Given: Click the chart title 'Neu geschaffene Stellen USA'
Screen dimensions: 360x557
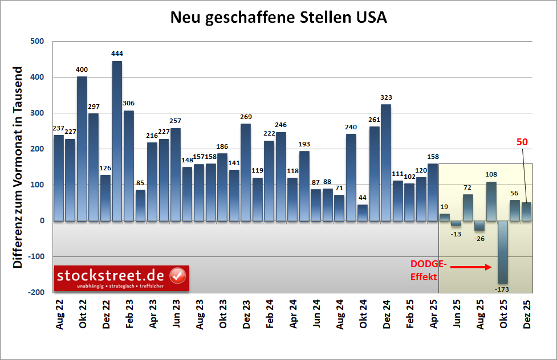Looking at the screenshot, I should pos(278,18).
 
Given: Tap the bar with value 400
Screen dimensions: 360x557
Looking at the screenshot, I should pos(82,148).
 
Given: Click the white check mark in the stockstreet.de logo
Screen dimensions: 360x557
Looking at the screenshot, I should pos(178,275).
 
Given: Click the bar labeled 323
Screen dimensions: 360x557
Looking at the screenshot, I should pos(386,162).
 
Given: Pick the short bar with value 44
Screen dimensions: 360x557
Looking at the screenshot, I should pos(363,212).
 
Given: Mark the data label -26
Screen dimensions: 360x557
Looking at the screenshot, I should pos(479,238).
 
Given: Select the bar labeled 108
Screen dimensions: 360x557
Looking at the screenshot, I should pos(491,201).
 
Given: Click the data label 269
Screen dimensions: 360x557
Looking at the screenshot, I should pos(246,117).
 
